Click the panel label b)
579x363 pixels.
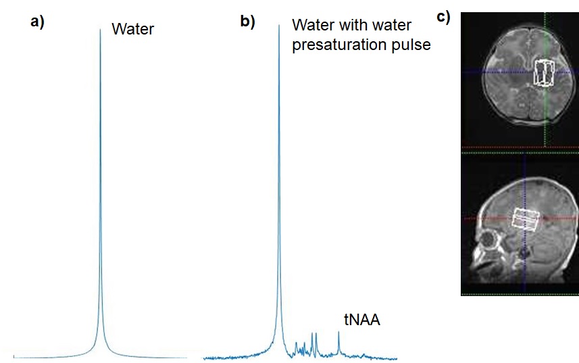coord(247,22)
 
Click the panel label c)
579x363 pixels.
coord(443,17)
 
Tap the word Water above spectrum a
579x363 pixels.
coord(133,29)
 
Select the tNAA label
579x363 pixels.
coord(362,320)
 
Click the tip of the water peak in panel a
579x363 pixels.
coord(100,30)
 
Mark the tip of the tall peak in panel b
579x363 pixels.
coord(278,26)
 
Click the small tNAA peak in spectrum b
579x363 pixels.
coord(338,334)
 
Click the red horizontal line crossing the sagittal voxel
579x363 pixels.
coord(486,218)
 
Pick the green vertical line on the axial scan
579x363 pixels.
coord(545,122)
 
